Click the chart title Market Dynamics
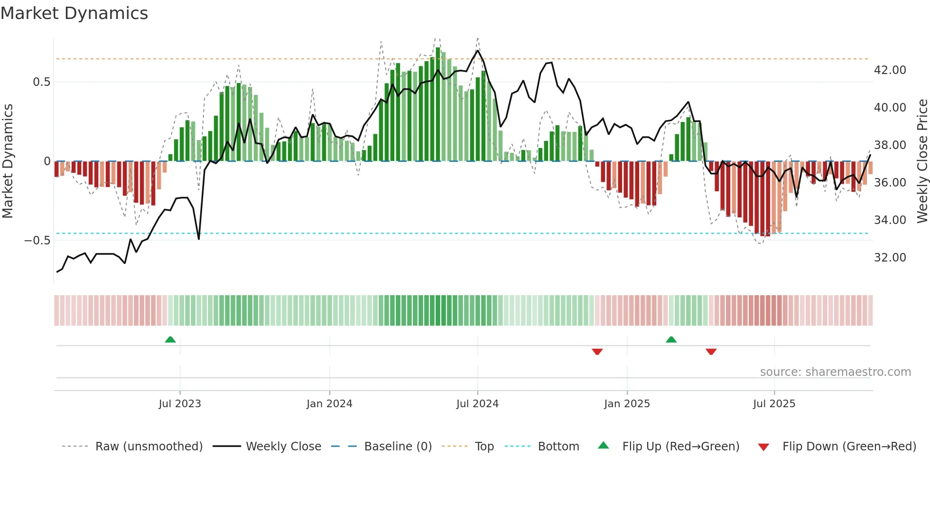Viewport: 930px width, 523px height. [x=74, y=13]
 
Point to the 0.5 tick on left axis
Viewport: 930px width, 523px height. [x=41, y=82]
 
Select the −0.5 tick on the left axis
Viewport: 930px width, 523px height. [x=37, y=240]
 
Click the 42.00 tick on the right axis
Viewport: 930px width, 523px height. [x=890, y=70]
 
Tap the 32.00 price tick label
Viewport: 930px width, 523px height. [x=890, y=258]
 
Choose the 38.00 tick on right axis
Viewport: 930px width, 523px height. [x=890, y=145]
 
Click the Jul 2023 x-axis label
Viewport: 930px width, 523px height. [x=180, y=404]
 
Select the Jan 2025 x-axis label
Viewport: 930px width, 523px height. [x=627, y=404]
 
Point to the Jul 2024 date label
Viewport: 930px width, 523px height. [x=477, y=404]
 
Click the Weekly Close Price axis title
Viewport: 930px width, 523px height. [x=922, y=161]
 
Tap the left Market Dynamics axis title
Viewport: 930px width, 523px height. [x=8, y=161]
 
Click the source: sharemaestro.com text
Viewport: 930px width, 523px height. [x=835, y=372]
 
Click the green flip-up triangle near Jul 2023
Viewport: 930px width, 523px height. [x=170, y=339]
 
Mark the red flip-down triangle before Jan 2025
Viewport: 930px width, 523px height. [x=597, y=352]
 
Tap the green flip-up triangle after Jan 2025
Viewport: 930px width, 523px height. [x=671, y=339]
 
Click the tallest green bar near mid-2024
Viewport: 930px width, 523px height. [x=438, y=104]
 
